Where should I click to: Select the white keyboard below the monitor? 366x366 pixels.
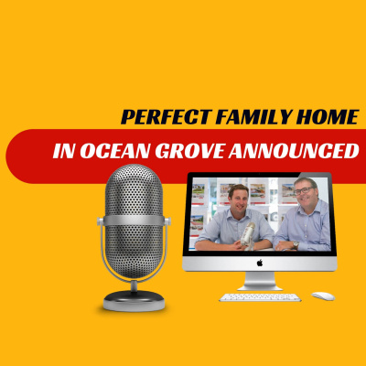[x=259, y=296]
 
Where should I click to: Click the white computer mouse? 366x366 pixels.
[x=322, y=296]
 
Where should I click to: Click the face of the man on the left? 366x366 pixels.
[x=238, y=203]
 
